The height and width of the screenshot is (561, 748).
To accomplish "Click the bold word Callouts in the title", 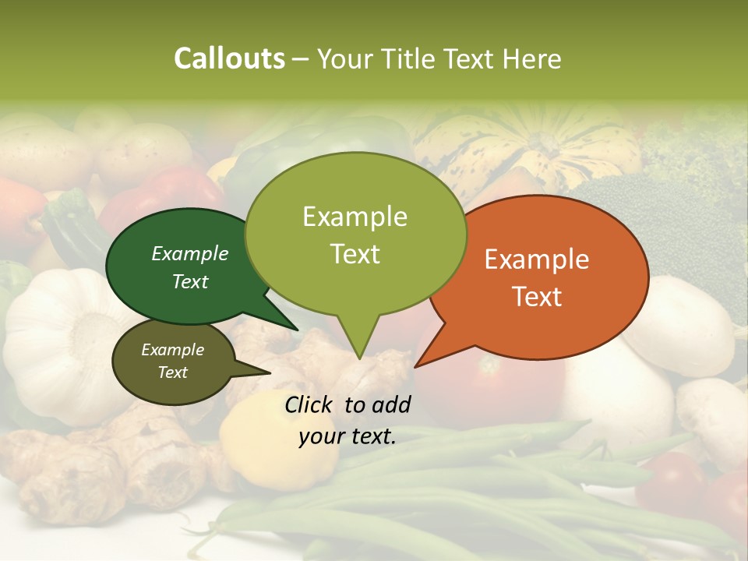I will pos(229,58).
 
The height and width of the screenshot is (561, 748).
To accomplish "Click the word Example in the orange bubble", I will pos(537,259).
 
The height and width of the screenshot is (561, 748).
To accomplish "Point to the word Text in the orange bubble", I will pos(537,297).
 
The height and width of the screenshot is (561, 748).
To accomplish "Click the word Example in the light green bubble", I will pos(355,217).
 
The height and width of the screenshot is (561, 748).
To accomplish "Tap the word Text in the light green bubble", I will pos(355,254).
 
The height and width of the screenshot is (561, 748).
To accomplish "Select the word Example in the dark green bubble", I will pos(190,253).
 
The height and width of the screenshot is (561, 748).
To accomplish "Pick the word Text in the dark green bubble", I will pos(190,281).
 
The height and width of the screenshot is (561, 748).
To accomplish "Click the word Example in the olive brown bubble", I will pos(173,350).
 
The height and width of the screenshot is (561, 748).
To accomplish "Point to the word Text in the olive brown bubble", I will pos(173,372).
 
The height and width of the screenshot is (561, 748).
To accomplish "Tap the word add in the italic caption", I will pos(390,404).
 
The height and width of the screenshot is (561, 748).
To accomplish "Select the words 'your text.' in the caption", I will pos(348,436).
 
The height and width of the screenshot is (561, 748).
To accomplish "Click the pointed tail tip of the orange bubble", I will pos(416,365).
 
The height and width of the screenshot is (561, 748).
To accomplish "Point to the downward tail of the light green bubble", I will pos(358,355).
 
